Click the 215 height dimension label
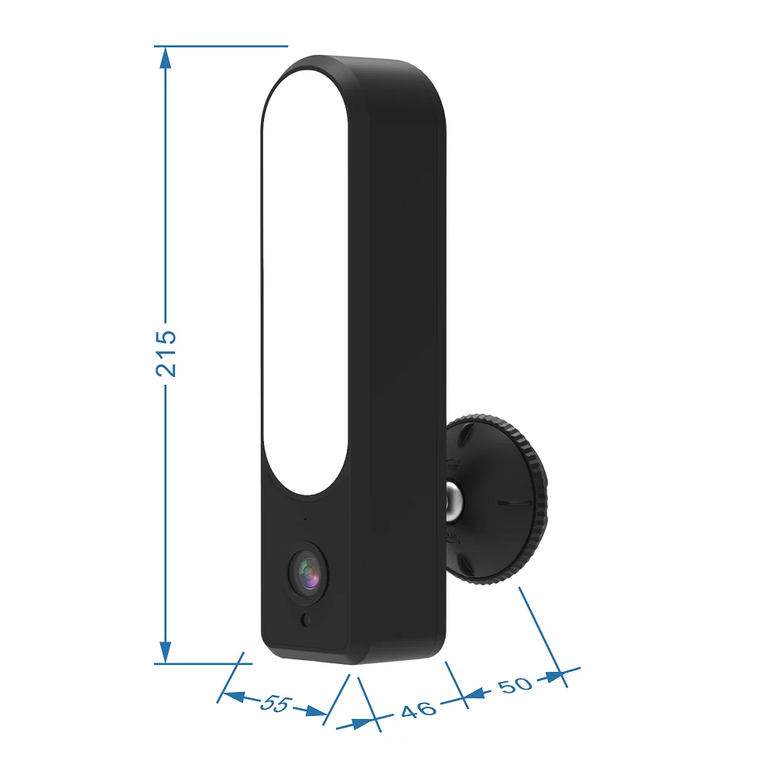166,354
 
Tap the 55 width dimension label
276,703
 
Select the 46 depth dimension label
419,710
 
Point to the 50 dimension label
515,685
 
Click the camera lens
309,573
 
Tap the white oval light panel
304,282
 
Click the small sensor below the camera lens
306,620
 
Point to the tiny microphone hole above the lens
305,519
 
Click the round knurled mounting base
496,499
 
